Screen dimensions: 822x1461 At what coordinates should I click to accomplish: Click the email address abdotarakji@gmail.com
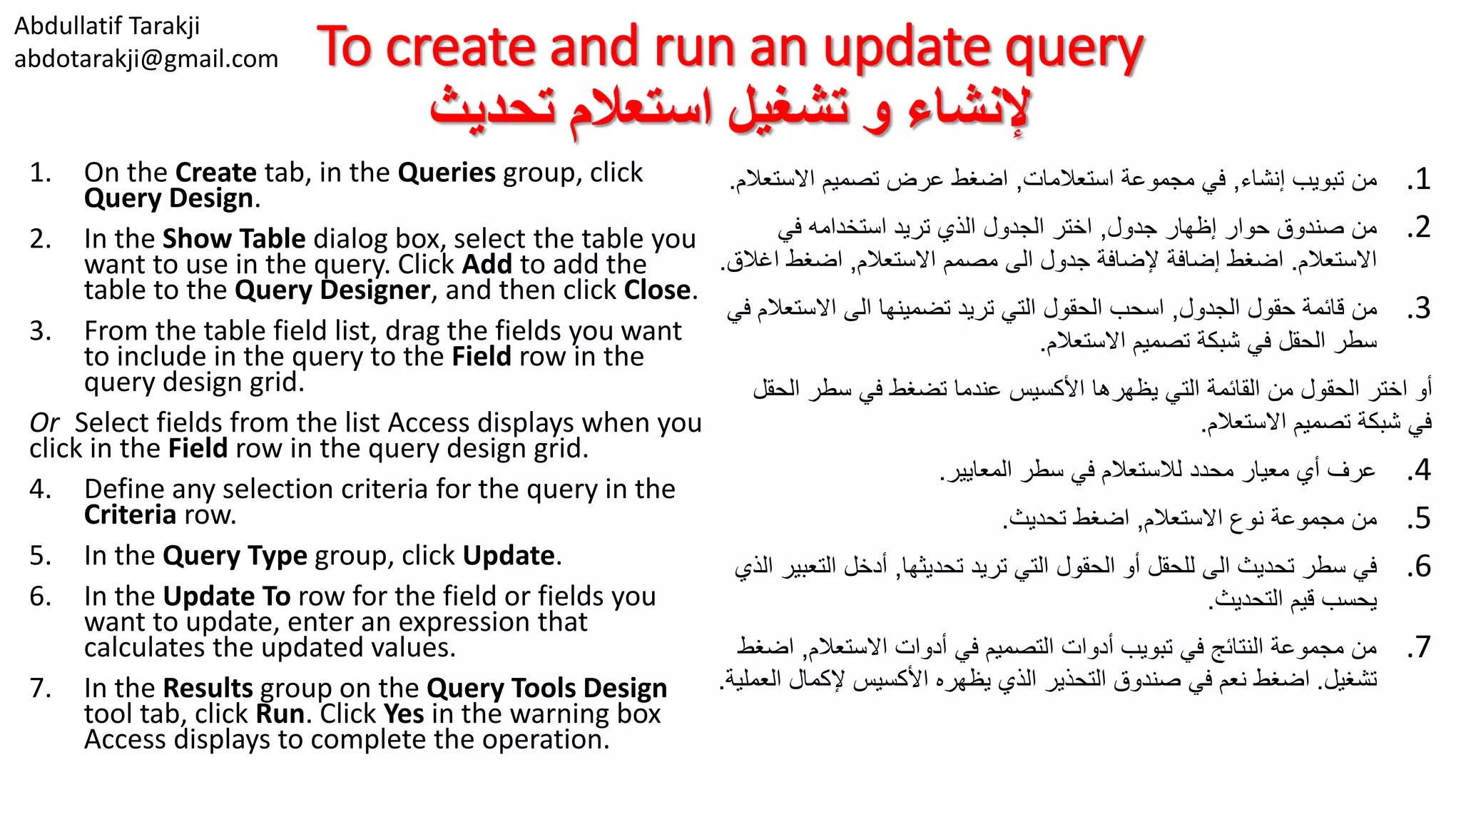146,59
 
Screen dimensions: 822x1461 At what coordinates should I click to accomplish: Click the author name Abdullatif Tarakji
107,26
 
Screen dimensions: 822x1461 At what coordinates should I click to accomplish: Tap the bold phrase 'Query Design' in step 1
169,198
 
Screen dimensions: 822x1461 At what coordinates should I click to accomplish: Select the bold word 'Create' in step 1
215,173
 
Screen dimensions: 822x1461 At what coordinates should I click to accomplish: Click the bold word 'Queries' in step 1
447,173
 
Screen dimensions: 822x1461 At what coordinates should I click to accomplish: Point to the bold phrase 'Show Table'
234,238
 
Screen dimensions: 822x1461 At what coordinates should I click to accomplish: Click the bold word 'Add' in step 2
487,264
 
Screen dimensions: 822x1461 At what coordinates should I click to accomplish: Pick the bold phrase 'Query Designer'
332,290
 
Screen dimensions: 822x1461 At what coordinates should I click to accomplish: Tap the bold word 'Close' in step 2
657,290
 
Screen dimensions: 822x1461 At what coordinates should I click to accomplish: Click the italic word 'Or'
44,423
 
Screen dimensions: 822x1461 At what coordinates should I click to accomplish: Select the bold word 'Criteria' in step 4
130,515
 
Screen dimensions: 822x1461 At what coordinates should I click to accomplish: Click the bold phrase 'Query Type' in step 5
235,556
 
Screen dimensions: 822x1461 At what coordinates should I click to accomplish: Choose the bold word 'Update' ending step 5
509,556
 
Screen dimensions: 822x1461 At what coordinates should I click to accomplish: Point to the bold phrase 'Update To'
227,597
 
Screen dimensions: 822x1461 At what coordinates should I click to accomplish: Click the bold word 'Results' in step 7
208,688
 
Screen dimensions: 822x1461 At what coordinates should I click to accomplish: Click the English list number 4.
40,489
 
